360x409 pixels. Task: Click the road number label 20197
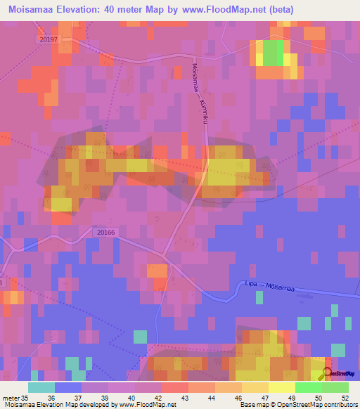pos(48,39)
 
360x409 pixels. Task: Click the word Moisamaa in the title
pos(34,10)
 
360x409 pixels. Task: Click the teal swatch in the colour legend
pos(41,387)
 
